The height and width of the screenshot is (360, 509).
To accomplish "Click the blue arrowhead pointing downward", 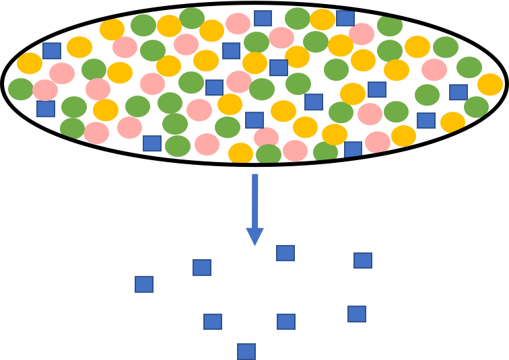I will point(254,236).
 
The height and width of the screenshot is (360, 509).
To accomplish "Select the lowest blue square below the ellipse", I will point(246,351).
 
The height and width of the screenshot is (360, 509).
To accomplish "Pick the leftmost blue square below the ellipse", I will point(143,284).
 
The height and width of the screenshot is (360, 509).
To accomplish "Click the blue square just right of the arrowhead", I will point(285,253).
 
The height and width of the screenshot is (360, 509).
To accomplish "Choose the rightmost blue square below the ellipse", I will point(362,260).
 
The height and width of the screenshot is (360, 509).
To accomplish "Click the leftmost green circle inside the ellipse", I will point(20,89).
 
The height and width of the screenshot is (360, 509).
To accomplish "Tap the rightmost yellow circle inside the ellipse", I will point(490,84).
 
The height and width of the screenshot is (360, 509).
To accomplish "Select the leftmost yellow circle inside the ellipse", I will point(30,63).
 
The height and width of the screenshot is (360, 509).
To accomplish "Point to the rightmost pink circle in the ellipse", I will point(434,69).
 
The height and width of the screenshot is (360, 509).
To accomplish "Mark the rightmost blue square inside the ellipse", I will point(458,92).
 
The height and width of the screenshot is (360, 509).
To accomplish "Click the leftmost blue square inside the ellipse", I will point(45,108).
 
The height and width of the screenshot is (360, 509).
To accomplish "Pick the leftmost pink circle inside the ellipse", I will point(45,90).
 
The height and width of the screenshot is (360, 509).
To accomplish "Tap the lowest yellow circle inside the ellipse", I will point(240,153).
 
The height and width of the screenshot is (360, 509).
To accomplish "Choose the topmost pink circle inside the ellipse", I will point(238,23).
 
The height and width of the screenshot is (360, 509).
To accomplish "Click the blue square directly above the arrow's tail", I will point(254,120).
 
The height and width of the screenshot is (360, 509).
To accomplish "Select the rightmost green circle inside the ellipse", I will point(476,107).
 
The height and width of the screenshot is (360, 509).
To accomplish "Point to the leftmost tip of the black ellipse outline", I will point(3,84).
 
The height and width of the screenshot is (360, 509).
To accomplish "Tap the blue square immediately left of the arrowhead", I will point(201,267).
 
